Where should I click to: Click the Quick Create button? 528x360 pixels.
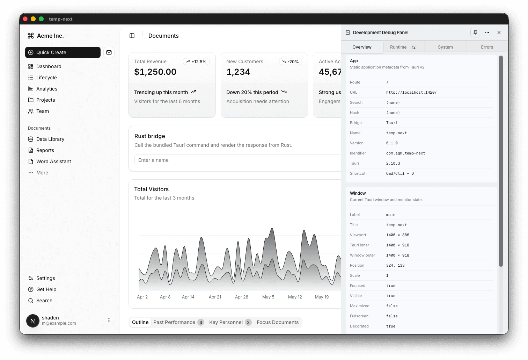click(x=63, y=52)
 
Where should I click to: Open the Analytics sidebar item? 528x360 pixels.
click(x=46, y=89)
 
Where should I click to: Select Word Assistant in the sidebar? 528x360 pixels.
click(x=53, y=161)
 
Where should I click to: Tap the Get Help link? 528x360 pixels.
click(x=46, y=289)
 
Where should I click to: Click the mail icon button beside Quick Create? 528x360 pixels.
click(x=109, y=52)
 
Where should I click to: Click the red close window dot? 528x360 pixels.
click(x=25, y=19)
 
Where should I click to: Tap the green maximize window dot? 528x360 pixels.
click(x=41, y=19)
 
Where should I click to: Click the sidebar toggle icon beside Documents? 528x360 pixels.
click(x=132, y=36)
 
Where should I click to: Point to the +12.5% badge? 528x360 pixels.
click(x=196, y=62)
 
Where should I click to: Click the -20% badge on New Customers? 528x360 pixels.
click(x=291, y=62)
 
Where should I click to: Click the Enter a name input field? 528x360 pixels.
click(x=237, y=160)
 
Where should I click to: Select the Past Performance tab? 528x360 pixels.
click(x=174, y=322)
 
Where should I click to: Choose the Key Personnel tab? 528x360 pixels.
click(x=226, y=322)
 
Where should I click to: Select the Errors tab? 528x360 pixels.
click(x=487, y=47)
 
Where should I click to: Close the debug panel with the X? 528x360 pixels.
click(x=499, y=33)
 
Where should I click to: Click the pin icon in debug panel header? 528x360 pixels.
click(x=475, y=33)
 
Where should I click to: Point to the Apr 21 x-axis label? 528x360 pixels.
click(x=215, y=297)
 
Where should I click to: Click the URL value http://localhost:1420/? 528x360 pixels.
click(x=411, y=92)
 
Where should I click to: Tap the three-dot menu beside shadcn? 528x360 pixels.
click(x=109, y=320)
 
